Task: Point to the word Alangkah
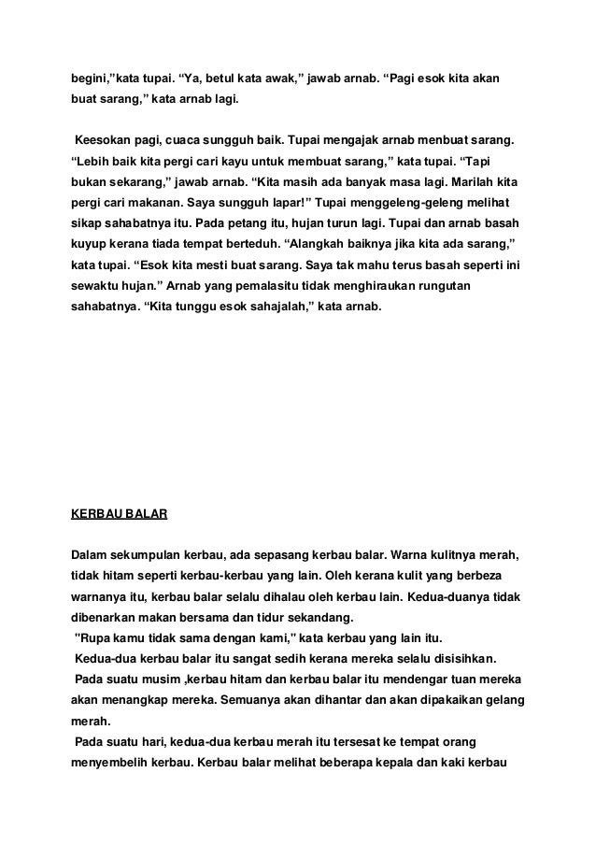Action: point(333,242)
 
